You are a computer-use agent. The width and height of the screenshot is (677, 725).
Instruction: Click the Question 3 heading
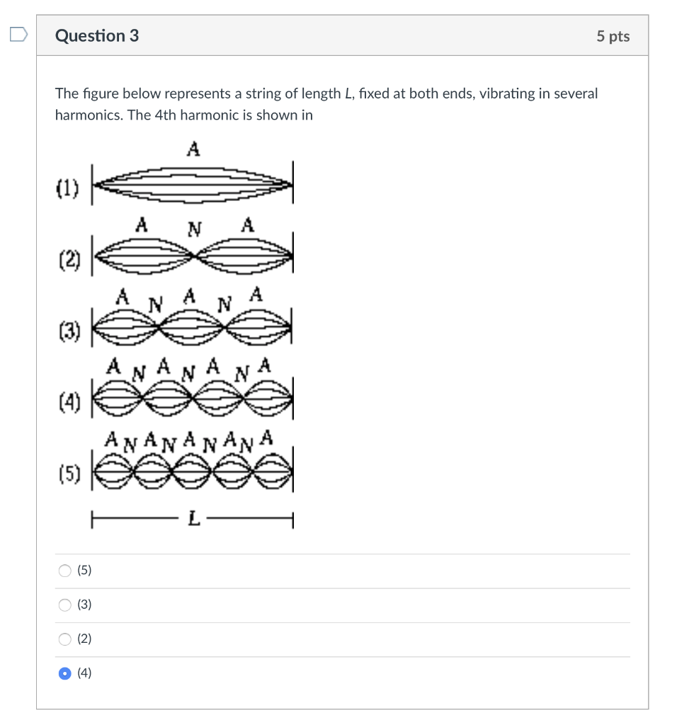(x=97, y=35)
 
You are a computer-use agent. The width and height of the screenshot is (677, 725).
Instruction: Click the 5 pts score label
(x=613, y=36)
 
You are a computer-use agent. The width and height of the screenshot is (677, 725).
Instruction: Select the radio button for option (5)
(x=65, y=571)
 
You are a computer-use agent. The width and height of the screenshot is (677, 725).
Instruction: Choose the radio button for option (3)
(x=65, y=605)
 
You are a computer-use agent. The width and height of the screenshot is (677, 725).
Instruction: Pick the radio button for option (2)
(x=65, y=639)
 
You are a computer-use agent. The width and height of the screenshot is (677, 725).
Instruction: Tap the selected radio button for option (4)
(x=65, y=674)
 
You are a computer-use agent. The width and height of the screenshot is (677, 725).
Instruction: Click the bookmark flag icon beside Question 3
(x=18, y=34)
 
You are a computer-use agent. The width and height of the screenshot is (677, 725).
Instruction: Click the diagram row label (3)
(x=69, y=331)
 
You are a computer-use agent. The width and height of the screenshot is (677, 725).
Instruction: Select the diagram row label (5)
(x=69, y=472)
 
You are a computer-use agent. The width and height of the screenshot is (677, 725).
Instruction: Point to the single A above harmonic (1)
(x=193, y=149)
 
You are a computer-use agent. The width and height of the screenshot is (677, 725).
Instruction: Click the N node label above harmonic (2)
(x=194, y=229)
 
